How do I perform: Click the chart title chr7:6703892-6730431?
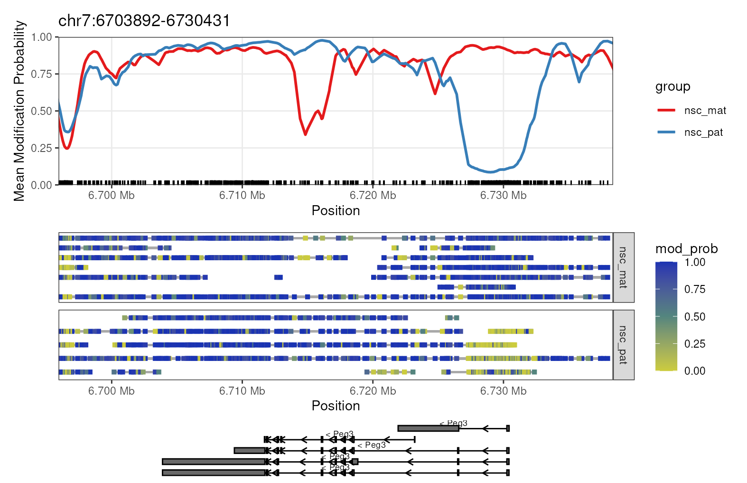pos(144,21)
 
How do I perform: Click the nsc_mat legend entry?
pos(705,111)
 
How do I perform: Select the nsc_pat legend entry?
pos(703,133)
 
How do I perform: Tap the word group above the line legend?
pos(672,87)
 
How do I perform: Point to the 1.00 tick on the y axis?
pos(42,37)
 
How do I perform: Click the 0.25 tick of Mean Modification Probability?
pos(42,148)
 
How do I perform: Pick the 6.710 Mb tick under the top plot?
pos(242,196)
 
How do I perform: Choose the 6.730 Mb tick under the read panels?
pos(503,391)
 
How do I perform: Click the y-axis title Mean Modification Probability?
pos(19,111)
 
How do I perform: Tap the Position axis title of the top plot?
pos(336,211)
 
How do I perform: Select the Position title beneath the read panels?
pos(336,406)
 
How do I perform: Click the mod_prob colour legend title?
pos(686,249)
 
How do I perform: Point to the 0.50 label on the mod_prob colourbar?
pos(695,317)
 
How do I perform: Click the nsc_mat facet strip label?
pos(623,267)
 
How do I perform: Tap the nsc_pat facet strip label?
pos(623,345)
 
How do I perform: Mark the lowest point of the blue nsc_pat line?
pos(490,172)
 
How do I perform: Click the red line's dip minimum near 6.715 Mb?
pos(306,134)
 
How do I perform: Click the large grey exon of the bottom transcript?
pos(214,473)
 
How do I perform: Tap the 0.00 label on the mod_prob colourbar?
pos(695,371)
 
